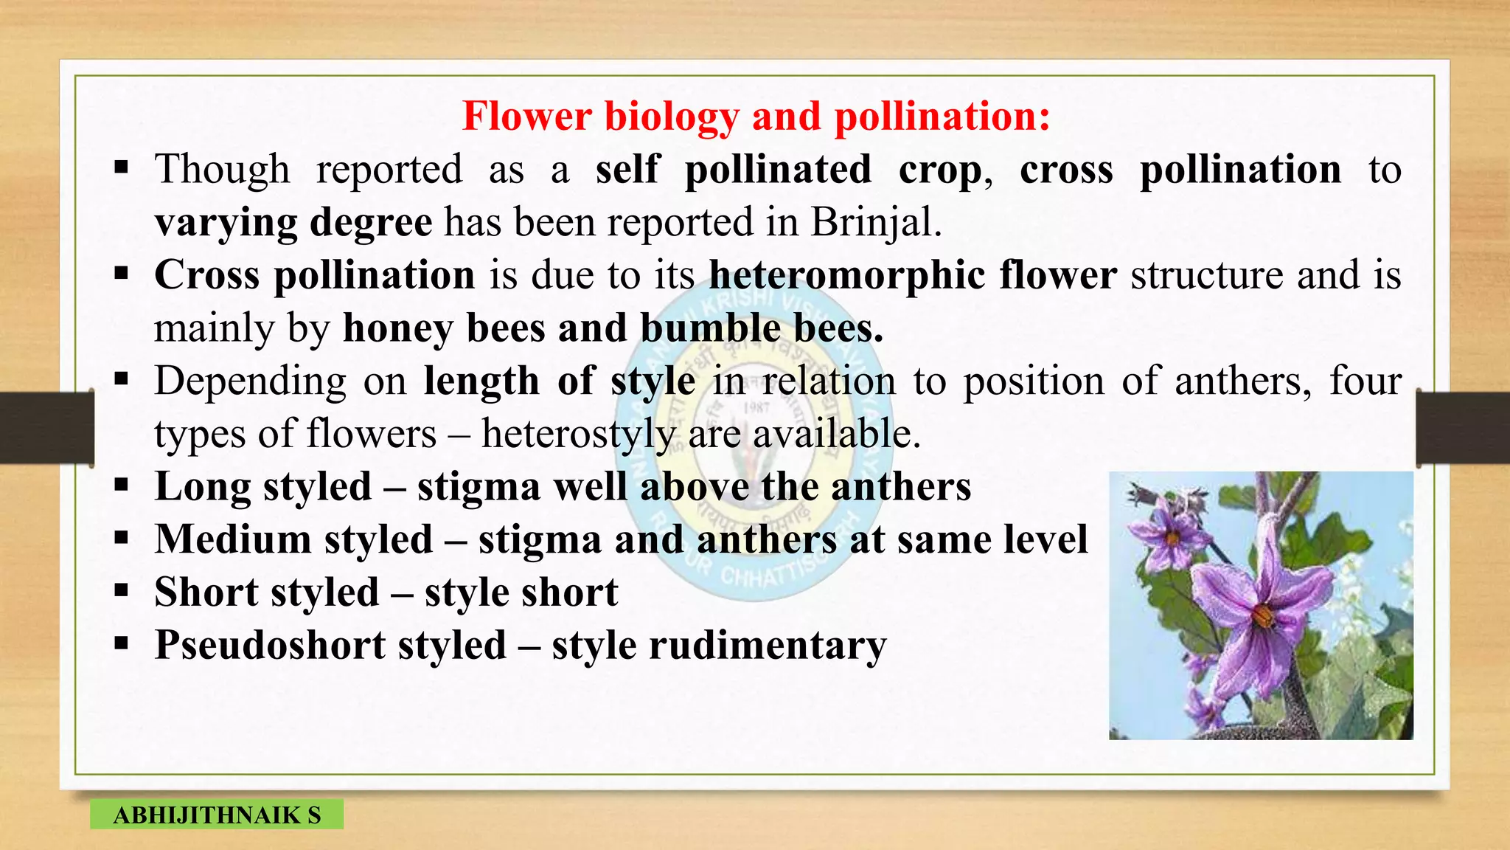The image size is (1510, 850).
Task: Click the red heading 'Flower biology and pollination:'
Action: click(756, 117)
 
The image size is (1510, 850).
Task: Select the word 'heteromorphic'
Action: click(846, 275)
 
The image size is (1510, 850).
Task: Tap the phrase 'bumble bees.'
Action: click(761, 328)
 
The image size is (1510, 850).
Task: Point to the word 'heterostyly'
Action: click(577, 434)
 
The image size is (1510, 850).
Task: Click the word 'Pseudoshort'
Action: click(270, 646)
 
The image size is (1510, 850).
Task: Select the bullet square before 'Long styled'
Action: click(122, 486)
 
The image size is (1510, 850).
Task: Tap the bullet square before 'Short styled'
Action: click(122, 591)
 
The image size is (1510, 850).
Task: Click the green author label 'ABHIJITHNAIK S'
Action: click(216, 815)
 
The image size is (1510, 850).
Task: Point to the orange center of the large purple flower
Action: click(1263, 615)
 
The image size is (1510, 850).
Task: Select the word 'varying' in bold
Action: click(224, 222)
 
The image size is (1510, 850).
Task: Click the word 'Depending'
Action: click(250, 381)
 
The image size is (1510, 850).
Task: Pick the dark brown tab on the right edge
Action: click(1463, 428)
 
